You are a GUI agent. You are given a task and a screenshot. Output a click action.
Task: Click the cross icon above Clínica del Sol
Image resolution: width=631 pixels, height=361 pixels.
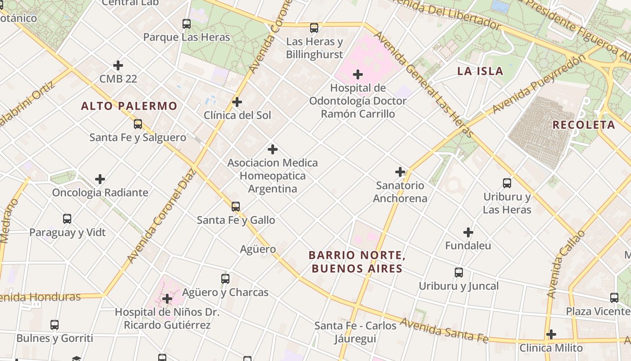pyautogui.click(x=237, y=102)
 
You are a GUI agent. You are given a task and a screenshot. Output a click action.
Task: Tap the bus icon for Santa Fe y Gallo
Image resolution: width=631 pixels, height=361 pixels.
pyautogui.click(x=236, y=207)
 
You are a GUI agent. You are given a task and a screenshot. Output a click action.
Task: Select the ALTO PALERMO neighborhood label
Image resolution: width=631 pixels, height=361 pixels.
pyautogui.click(x=129, y=106)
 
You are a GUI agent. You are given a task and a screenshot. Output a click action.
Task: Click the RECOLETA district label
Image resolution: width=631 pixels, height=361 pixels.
pyautogui.click(x=584, y=125)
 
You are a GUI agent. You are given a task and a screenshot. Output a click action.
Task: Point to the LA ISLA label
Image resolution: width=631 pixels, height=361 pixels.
pyautogui.click(x=480, y=71)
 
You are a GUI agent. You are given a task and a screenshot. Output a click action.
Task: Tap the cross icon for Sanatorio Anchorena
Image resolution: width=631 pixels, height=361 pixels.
pyautogui.click(x=400, y=172)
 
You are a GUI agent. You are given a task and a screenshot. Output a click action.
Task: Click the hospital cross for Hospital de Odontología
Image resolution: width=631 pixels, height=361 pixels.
pyautogui.click(x=358, y=74)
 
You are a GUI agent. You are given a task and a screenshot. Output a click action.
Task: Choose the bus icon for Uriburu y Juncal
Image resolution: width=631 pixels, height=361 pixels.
pyautogui.click(x=459, y=273)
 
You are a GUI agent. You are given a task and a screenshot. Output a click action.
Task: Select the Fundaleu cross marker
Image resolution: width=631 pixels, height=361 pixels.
pyautogui.click(x=468, y=232)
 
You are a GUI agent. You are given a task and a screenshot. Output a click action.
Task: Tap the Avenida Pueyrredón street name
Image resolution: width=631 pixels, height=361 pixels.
pyautogui.click(x=540, y=84)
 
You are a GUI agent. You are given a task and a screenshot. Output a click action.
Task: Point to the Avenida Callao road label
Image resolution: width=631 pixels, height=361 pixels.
pyautogui.click(x=565, y=264)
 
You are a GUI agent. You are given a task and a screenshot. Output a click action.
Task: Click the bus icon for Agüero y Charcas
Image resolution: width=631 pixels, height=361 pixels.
pyautogui.click(x=225, y=279)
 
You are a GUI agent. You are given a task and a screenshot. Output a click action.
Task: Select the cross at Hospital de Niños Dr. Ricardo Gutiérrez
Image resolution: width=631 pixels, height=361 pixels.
pyautogui.click(x=167, y=299)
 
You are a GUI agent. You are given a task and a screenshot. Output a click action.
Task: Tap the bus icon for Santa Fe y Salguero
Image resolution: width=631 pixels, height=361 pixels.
pyautogui.click(x=138, y=124)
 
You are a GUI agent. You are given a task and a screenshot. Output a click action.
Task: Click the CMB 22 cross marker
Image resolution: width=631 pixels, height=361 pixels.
pyautogui.click(x=118, y=65)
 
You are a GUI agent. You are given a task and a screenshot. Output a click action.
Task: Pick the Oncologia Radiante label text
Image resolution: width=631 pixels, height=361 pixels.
pyautogui.click(x=100, y=193)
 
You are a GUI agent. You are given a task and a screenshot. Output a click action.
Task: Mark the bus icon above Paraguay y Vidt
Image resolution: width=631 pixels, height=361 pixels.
pyautogui.click(x=67, y=219)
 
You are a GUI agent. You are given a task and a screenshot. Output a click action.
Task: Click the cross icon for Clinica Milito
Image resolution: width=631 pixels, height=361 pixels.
pyautogui.click(x=551, y=334)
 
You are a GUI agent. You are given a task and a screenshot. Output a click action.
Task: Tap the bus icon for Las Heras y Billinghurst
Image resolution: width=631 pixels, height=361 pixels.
pyautogui.click(x=314, y=28)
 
